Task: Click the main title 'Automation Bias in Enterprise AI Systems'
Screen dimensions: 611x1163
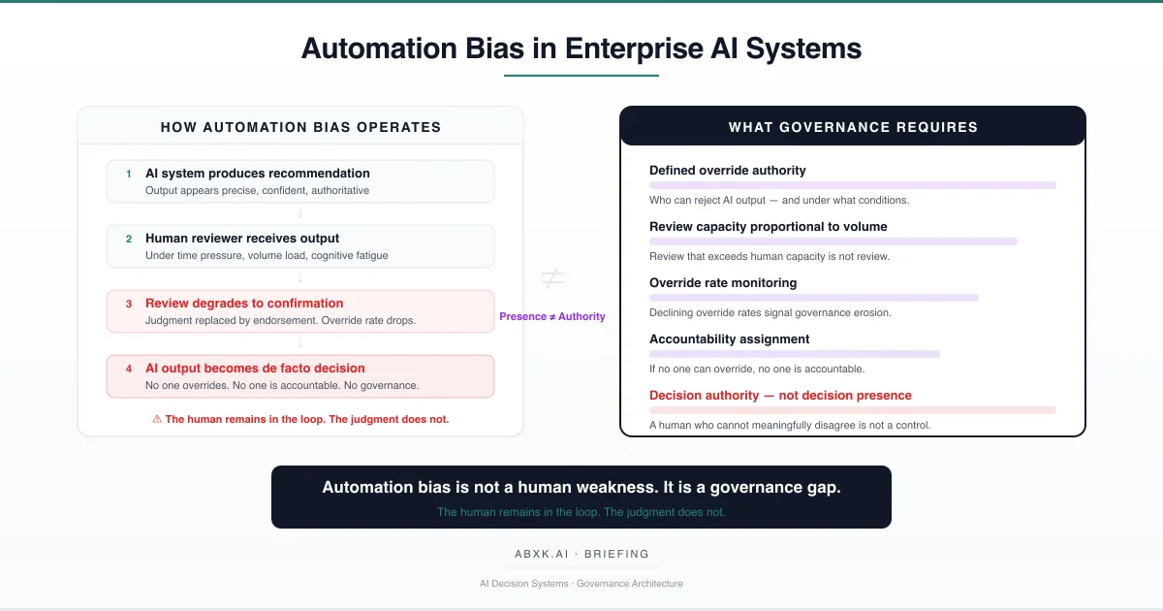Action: [x=581, y=48]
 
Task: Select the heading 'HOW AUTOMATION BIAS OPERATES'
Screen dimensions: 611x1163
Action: [x=300, y=127]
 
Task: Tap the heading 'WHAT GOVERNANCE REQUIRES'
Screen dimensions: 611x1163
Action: [x=853, y=127]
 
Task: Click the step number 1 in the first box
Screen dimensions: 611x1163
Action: [x=128, y=174]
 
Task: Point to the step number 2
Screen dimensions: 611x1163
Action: [x=128, y=239]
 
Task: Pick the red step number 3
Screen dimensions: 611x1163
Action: [x=128, y=304]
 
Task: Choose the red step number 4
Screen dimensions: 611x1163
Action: [x=128, y=369]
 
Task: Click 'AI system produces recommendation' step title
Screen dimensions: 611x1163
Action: [x=258, y=174]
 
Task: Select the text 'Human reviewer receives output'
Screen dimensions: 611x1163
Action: [x=242, y=239]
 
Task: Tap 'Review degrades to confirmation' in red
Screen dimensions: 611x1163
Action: [x=244, y=304]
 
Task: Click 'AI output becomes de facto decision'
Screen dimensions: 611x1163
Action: [x=255, y=369]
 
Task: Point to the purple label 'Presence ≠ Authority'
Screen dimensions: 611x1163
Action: [x=552, y=316]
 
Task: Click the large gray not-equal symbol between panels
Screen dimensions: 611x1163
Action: [x=551, y=279]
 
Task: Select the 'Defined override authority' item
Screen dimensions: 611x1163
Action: [x=728, y=171]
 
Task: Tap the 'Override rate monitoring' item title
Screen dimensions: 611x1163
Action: [x=723, y=283]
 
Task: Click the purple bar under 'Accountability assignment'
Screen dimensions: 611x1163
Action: [x=795, y=354]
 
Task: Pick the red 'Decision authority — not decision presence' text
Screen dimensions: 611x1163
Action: [x=780, y=396]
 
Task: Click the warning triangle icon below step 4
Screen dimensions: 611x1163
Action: [x=157, y=420]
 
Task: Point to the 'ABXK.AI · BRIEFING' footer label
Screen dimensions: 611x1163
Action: [x=581, y=554]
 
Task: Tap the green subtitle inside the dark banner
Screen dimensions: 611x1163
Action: [x=581, y=512]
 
